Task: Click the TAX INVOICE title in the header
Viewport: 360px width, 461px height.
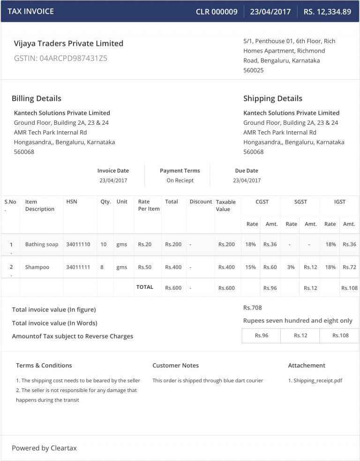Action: coord(30,11)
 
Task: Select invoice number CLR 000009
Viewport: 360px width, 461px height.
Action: coord(217,12)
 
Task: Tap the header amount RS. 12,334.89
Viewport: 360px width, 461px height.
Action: coord(327,12)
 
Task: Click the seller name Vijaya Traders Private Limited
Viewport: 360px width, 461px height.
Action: coord(68,44)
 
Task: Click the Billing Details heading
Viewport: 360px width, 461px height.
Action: coord(37,98)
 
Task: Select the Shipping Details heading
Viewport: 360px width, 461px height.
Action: coord(273,98)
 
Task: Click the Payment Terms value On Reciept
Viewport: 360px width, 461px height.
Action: coord(180,181)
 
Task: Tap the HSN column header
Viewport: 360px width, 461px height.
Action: coord(72,202)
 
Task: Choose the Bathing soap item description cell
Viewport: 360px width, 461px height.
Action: coord(42,244)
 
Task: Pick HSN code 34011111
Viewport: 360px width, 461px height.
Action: coord(78,267)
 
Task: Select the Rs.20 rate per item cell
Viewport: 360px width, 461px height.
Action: coord(145,244)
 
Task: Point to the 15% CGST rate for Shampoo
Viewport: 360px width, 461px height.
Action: coord(250,267)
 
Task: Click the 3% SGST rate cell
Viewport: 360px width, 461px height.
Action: coord(291,267)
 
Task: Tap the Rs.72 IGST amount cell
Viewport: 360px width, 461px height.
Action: coord(349,267)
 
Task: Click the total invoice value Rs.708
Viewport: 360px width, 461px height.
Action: coord(253,308)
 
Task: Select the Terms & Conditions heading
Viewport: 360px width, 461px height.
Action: coord(44,365)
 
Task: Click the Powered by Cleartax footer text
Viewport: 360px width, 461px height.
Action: coord(44,448)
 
